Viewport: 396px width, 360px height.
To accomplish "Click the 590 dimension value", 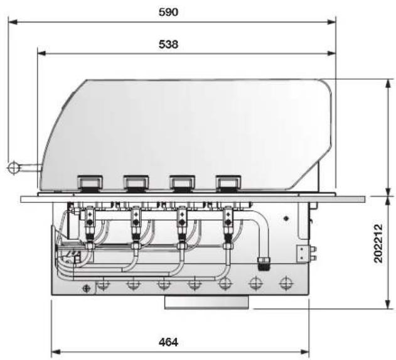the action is coord(168,12).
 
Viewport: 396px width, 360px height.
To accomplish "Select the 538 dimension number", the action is coord(168,44).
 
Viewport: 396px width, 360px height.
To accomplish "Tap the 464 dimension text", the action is coord(168,342).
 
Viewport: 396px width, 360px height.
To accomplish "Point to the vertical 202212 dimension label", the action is coord(378,243).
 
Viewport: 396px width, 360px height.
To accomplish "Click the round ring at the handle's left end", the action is coord(13,167).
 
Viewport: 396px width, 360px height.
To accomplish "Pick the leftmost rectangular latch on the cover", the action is coord(90,183).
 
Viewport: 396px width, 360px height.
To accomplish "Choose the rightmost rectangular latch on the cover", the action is coord(228,183).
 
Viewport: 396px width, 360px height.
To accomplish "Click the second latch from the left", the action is coord(136,183).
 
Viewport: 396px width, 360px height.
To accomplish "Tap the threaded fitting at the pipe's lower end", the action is coord(263,263).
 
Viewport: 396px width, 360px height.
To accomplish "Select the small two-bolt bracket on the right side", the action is coord(306,254).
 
